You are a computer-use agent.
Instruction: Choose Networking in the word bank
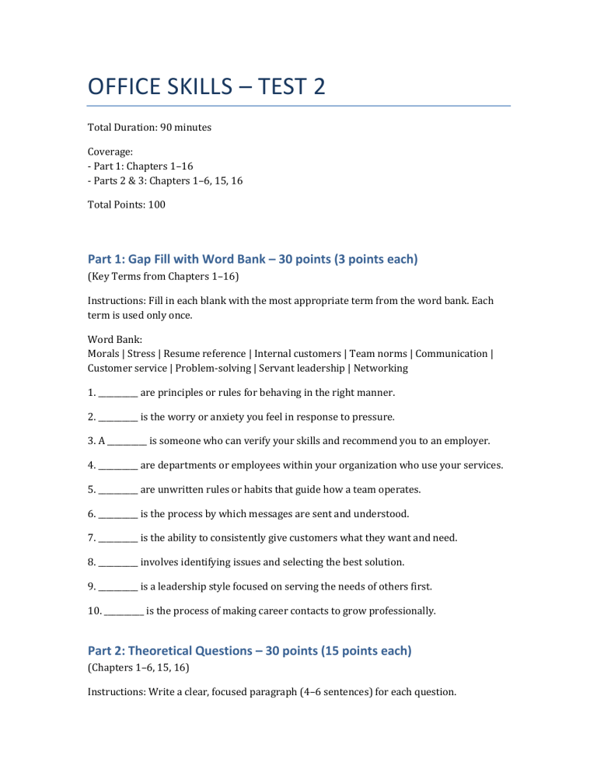point(379,368)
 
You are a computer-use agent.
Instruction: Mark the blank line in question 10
point(124,612)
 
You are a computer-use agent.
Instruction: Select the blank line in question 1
point(118,393)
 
